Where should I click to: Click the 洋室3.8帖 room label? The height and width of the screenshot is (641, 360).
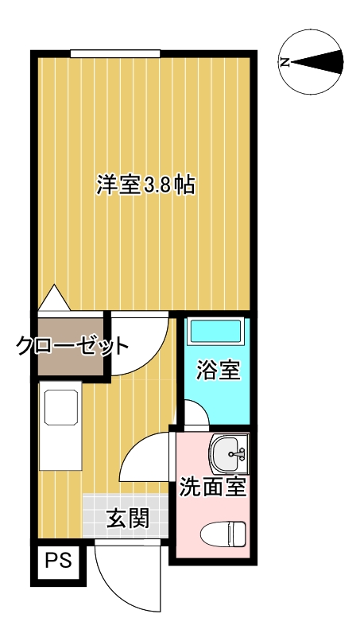[145, 185]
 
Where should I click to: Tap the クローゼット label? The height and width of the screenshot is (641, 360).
[72, 346]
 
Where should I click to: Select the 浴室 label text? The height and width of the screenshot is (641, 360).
[218, 371]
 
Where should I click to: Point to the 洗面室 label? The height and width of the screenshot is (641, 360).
[213, 487]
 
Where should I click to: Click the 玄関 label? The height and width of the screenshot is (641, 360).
[127, 519]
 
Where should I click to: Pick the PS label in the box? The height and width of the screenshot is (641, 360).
[58, 561]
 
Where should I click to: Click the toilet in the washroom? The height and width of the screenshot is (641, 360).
[223, 533]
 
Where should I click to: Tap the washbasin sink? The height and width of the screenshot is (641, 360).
[229, 454]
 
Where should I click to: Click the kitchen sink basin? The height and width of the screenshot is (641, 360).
[61, 407]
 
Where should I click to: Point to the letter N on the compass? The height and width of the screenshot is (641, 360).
[285, 63]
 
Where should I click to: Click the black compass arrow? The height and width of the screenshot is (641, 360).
[316, 62]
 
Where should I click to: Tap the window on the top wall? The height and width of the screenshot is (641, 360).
[114, 53]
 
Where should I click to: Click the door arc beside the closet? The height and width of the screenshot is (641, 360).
[157, 355]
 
